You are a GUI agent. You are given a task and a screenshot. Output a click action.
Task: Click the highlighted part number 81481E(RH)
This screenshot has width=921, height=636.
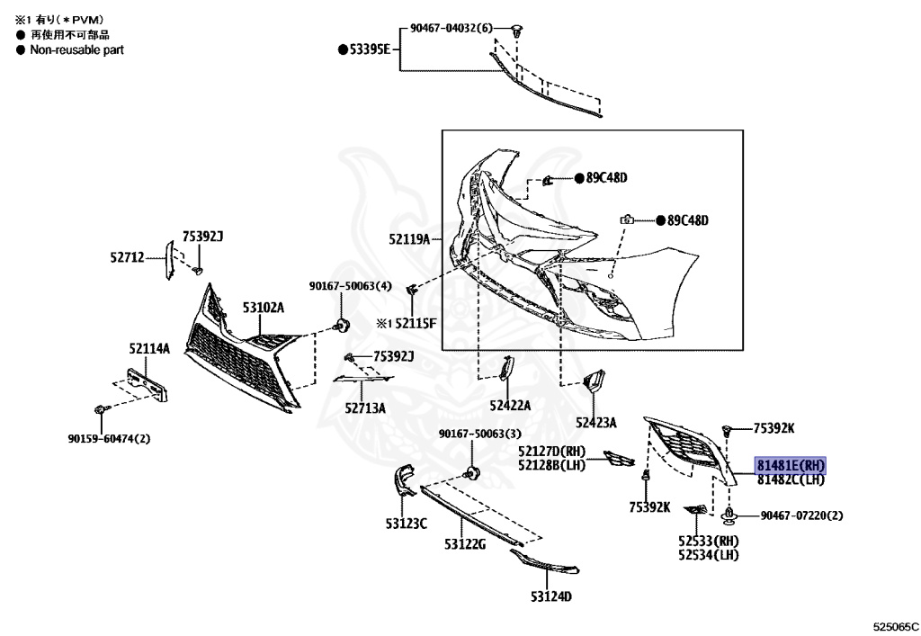point(790,465)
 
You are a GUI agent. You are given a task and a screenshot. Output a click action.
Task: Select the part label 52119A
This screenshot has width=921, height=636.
point(409,239)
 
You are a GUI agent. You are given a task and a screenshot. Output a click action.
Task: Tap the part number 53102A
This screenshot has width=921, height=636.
point(263,308)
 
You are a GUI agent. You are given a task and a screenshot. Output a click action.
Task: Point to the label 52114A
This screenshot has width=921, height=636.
point(148,348)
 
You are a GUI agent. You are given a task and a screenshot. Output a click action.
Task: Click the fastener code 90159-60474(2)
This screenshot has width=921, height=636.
point(109,439)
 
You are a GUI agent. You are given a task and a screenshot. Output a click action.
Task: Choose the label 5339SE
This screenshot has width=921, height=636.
point(369,49)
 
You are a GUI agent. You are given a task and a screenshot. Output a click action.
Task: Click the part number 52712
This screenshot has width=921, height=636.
point(127,257)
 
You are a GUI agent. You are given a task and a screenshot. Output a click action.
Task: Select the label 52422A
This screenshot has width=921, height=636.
point(510,406)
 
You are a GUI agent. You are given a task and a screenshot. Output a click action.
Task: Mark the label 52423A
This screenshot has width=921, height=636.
point(596,422)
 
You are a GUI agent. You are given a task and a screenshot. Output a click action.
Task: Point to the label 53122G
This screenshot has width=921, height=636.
point(464,544)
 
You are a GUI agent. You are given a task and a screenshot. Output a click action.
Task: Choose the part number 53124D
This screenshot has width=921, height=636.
point(551,596)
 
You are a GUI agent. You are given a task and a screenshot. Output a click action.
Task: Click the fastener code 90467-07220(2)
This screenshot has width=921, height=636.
point(801,515)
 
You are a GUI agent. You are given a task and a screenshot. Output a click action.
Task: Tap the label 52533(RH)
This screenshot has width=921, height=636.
point(708,542)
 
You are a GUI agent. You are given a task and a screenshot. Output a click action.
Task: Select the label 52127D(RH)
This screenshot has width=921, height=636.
point(551,451)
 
